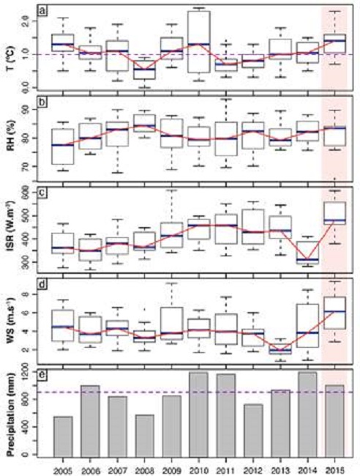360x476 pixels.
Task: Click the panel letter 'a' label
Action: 43,11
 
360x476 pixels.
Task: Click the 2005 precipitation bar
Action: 63,436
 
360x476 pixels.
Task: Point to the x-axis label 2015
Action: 334,468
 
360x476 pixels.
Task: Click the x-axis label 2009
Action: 171,468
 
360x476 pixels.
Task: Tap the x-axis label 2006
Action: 90,468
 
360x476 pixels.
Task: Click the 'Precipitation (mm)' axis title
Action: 10,414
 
